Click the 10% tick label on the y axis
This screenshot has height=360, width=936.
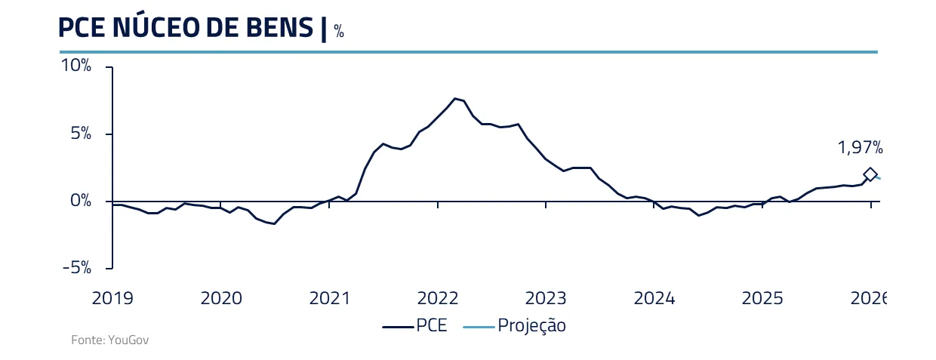click(76, 66)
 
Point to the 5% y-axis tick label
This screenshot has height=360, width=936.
click(80, 134)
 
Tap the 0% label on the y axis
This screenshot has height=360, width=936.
click(80, 201)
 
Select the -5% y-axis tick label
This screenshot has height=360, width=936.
click(77, 268)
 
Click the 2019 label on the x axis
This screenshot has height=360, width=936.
click(112, 298)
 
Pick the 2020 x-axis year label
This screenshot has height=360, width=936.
click(220, 298)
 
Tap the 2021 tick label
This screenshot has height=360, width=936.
click(330, 298)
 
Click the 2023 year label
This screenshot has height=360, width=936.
click(546, 298)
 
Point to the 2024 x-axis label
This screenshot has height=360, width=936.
click(654, 298)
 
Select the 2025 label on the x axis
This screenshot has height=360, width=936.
click(762, 298)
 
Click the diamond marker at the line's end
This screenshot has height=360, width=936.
click(870, 174)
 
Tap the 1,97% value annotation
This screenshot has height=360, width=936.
click(860, 148)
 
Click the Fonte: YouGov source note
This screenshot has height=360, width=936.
click(110, 340)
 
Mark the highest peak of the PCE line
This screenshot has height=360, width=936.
click(455, 98)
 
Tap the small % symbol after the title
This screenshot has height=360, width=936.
click(339, 32)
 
